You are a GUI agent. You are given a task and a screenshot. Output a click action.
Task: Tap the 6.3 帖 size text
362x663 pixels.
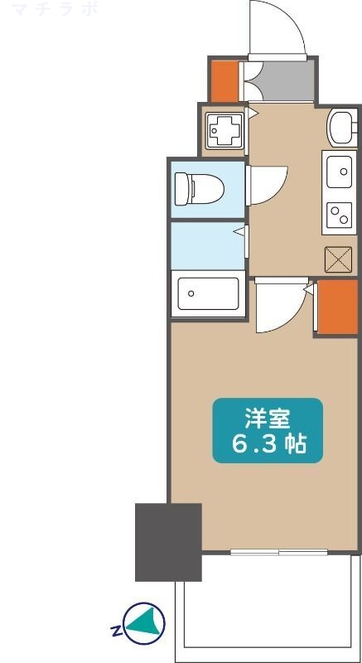tap(268, 444)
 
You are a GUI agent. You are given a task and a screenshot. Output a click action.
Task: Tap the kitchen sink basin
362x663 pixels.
tap(339, 172)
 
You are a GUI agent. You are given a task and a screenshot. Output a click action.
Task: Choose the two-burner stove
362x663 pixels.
tap(339, 216)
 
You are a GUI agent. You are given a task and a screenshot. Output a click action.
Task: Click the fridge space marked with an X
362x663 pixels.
tap(339, 260)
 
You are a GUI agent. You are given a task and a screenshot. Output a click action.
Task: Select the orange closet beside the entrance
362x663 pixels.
tap(223, 79)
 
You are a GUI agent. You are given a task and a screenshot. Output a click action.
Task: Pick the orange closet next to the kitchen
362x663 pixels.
tap(336, 307)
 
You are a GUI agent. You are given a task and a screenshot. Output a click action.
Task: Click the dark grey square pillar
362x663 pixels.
tap(168, 542)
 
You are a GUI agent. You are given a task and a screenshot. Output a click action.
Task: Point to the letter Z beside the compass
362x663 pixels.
tap(113, 632)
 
